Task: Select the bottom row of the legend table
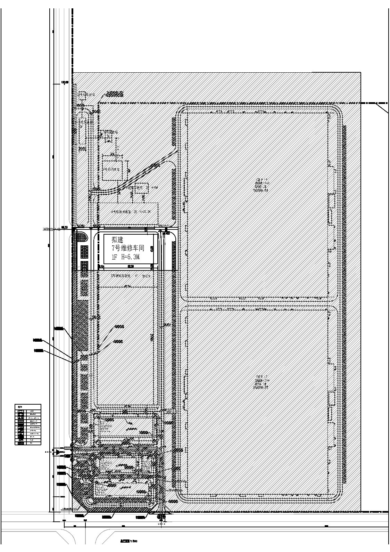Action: pos(28,443)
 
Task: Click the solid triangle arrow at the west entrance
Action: pos(57,452)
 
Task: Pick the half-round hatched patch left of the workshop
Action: pos(82,237)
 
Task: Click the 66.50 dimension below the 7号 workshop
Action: pos(131,266)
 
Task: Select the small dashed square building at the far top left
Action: pos(82,95)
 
